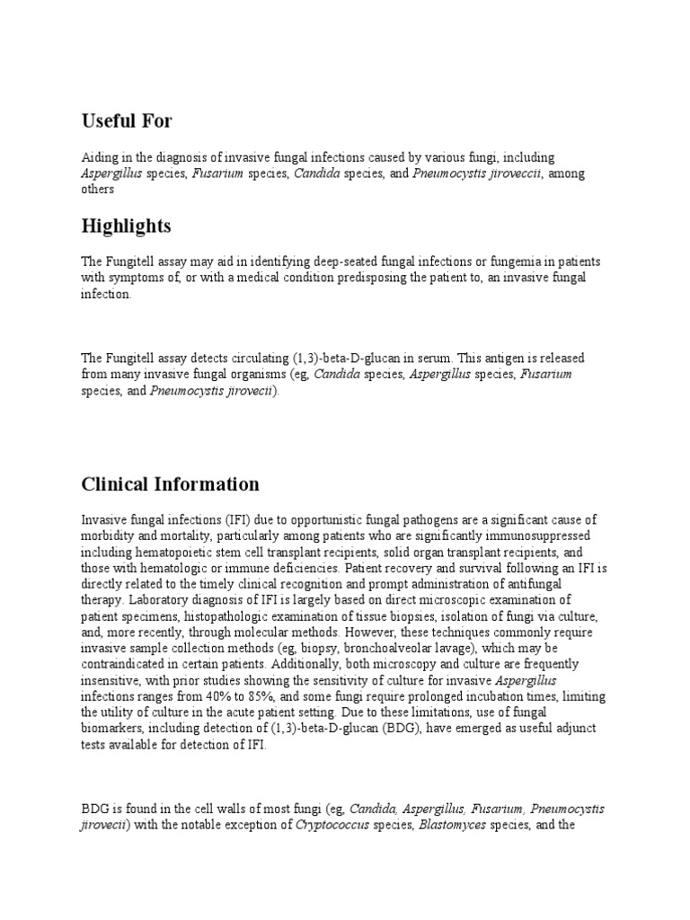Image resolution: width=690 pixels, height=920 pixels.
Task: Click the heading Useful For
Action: coord(127,120)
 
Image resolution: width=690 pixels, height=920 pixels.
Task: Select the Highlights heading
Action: coord(126,225)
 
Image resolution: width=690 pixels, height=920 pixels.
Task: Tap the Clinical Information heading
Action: coord(170,484)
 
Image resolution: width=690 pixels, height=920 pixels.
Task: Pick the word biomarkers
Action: coord(115,730)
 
